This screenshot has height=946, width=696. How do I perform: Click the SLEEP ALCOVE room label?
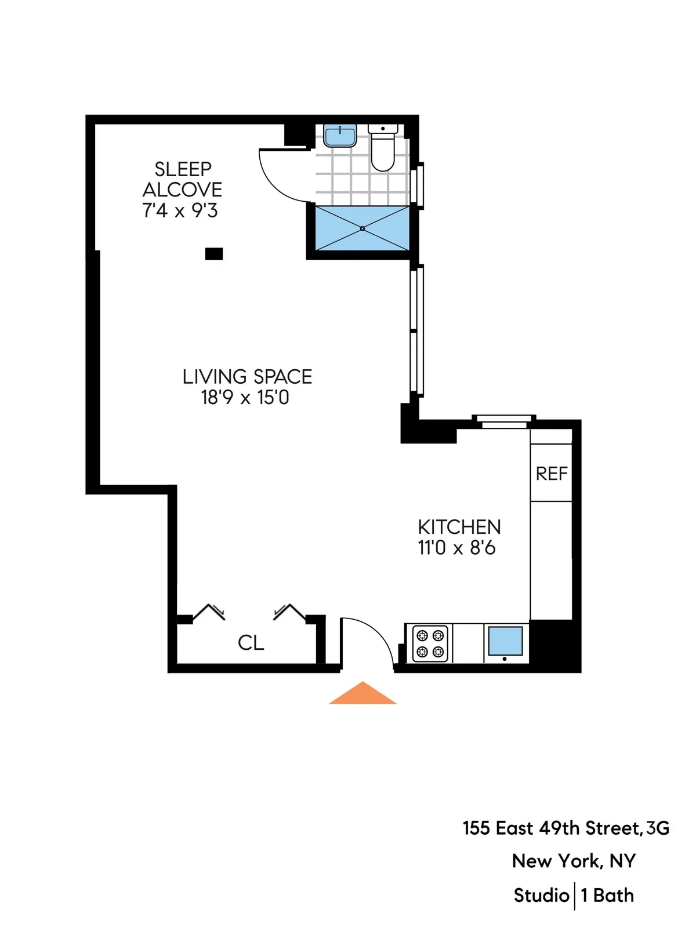182,179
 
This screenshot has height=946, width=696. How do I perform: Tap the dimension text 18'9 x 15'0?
245,398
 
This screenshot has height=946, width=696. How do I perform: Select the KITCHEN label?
459,527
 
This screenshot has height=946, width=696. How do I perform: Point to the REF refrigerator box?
551,473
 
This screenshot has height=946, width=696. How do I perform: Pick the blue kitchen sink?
505,641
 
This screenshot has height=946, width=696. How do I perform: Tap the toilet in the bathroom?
382,148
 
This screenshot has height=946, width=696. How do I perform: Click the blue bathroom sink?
339,137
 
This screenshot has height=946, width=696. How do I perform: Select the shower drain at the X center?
362,228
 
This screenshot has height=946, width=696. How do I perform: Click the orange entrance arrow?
362,694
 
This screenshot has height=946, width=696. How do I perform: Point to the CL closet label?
251,643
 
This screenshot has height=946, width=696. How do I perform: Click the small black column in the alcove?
214,253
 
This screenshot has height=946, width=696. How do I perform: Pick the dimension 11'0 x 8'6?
456,548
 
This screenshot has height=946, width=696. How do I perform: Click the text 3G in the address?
658,828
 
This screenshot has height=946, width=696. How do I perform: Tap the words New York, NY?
574,861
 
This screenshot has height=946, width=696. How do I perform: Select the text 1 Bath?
607,896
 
